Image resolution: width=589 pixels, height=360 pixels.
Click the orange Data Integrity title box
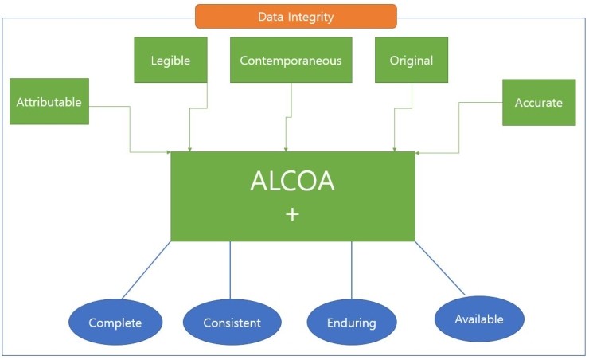coord(296,16)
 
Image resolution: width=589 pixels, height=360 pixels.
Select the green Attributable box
coord(49,102)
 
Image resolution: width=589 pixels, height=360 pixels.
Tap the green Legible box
coord(171,60)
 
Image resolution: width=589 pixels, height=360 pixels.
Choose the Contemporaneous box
coord(291,60)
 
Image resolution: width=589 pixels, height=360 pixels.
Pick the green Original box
coord(412,60)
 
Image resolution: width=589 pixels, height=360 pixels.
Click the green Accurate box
coord(539,103)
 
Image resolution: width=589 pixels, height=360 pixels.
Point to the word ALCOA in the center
coord(292,182)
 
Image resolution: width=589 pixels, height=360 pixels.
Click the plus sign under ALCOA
coord(292,214)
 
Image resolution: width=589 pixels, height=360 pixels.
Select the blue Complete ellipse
coord(115,323)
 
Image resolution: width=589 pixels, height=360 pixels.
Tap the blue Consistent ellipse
coord(232,323)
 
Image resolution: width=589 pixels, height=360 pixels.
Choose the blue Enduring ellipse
coord(351,323)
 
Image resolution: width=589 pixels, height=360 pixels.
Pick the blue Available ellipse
coord(479,319)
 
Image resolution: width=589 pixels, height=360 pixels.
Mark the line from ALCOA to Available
coord(440,268)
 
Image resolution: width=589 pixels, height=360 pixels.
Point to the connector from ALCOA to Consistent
coord(230,271)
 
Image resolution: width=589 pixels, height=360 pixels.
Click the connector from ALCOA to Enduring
coord(351,271)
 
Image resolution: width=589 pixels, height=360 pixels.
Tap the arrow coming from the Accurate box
coord(459,127)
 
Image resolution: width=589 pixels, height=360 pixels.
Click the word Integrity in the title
coord(313,16)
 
